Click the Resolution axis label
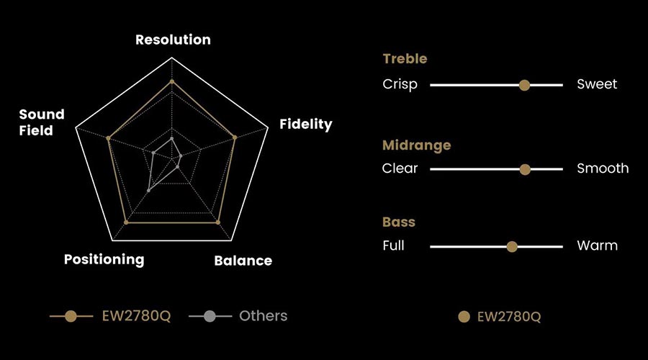[173, 40]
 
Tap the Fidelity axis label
[306, 124]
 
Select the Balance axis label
[243, 261]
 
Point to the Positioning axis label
[104, 260]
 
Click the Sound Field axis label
[42, 122]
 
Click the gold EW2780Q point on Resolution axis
[172, 81]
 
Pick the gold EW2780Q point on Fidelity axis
[235, 138]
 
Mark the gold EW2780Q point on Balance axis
[218, 222]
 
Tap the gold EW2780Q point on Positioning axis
[126, 222]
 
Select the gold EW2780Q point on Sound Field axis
[108, 138]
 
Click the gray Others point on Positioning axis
[149, 191]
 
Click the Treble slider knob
[524, 85]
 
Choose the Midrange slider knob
[525, 169]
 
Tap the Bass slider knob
[512, 247]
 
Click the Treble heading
[405, 59]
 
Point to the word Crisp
[400, 84]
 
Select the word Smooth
[603, 168]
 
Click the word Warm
[598, 246]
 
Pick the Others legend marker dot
[210, 316]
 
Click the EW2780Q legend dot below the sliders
[464, 317]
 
